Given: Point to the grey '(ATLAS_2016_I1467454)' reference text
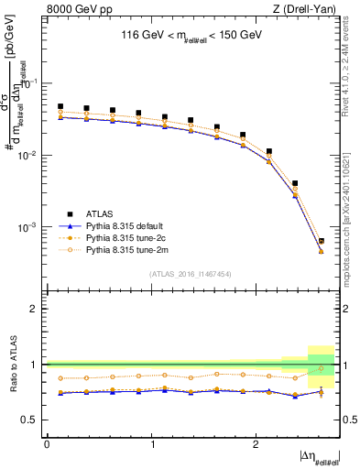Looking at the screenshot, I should pyautogui.click(x=190, y=273).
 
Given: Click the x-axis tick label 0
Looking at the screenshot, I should pyautogui.click(x=47, y=444).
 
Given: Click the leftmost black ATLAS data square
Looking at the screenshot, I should pyautogui.click(x=60, y=106).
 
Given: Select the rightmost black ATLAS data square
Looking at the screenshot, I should pyautogui.click(x=321, y=241).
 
